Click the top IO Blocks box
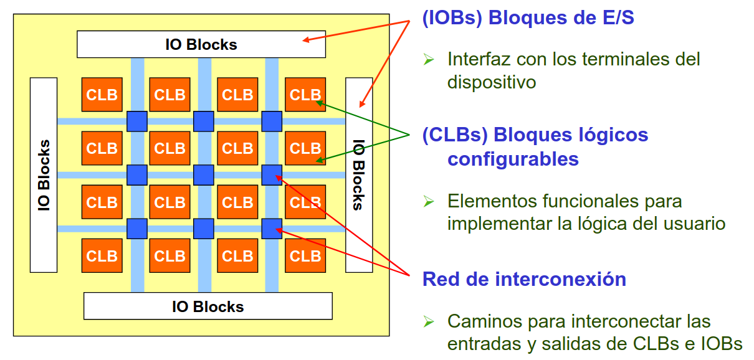[201, 44]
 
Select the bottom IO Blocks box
[208, 306]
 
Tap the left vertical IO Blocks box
[44, 174]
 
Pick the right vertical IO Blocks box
[359, 174]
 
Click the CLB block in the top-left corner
[102, 95]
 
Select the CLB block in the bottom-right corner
[305, 255]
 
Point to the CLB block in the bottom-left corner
[102, 255]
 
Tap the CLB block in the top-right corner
[305, 95]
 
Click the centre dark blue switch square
[204, 175]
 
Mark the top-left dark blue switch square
[137, 121]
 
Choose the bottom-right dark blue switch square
[272, 229]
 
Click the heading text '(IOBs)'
[453, 17]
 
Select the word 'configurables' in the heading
[513, 159]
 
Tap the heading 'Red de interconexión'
[524, 278]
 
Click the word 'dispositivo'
[492, 82]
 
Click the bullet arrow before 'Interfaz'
[428, 59]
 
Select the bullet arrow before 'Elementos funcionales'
[428, 201]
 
